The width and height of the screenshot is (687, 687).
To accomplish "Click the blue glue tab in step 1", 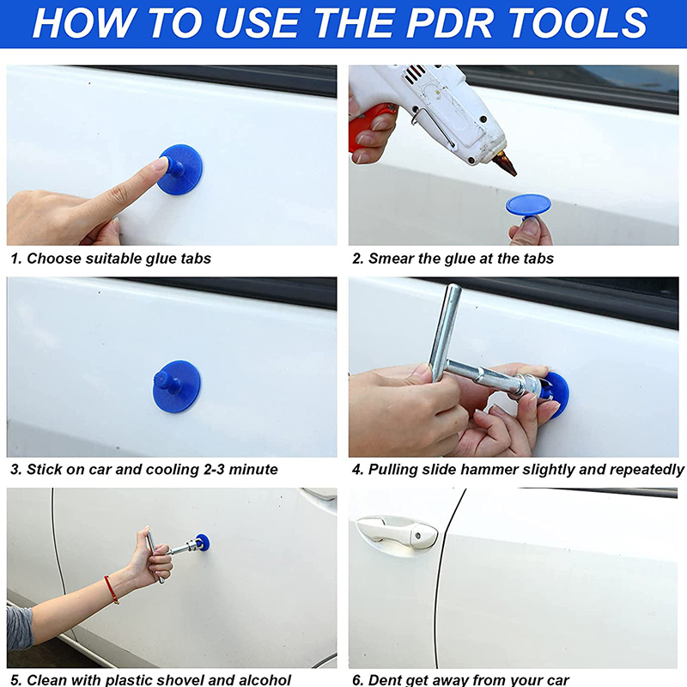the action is coord(180,169).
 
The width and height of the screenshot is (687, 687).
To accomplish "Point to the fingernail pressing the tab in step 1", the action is coord(161,163).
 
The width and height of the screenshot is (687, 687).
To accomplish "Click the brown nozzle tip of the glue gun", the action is coord(505,163).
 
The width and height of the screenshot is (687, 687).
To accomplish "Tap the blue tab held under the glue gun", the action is coord(528,205).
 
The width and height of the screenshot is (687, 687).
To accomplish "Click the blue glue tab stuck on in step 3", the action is coord(177,386).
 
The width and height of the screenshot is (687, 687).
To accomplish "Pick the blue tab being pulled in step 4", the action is coord(556,394).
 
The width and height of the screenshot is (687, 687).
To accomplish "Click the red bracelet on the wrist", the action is coord(112,590).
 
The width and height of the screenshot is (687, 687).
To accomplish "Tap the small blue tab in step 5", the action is coord(203,543).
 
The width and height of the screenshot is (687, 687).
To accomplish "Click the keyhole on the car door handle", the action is coord(417,535).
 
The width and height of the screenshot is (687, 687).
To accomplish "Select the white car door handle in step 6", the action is coord(397,532).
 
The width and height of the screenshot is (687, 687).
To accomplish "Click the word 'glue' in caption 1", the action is coord(161,258).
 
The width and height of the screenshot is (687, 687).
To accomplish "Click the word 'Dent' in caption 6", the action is coord(385,679).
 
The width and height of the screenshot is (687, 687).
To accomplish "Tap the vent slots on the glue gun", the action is coord(415,73).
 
